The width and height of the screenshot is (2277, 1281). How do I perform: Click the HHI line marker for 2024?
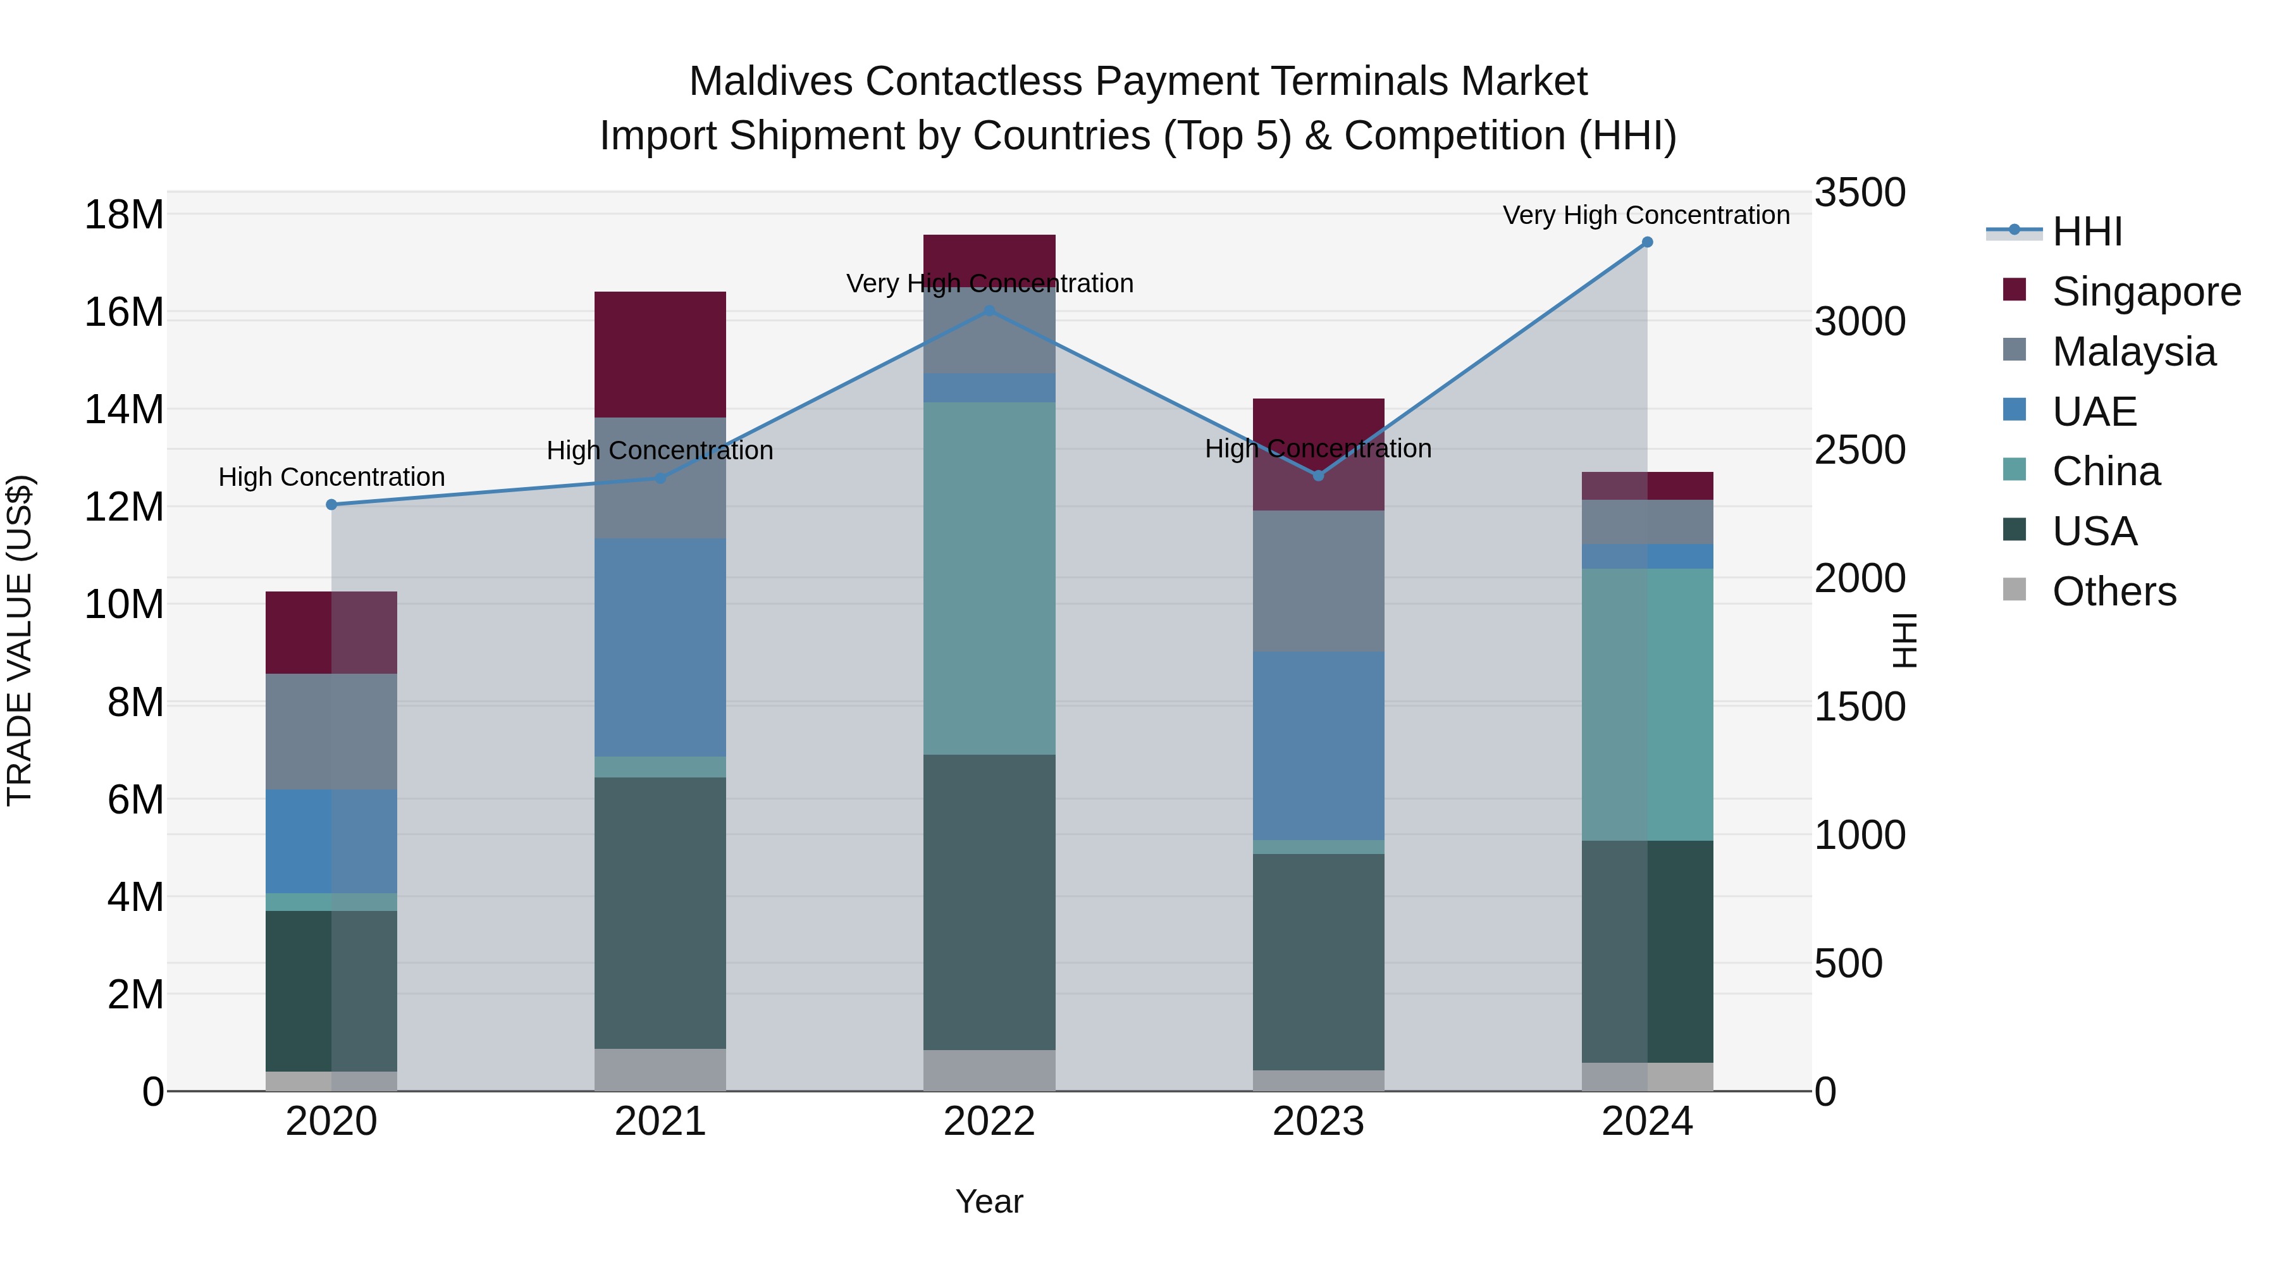[1647, 242]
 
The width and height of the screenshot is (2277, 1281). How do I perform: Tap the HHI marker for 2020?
[331, 505]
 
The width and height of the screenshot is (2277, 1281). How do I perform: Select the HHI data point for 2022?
[989, 311]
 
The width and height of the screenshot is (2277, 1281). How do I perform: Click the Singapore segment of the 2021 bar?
[660, 354]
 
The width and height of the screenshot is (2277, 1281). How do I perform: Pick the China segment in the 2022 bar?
[989, 578]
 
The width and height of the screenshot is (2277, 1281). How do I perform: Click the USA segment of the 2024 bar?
[1647, 951]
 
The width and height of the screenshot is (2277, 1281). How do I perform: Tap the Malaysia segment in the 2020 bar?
[331, 731]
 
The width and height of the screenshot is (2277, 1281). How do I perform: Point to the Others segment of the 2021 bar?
[660, 1070]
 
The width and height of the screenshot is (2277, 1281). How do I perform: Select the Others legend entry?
[2113, 591]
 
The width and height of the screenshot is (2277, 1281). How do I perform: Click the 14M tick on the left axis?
[124, 409]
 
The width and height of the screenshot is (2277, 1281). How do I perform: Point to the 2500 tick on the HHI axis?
[1860, 450]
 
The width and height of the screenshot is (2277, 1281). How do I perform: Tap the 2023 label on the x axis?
[1318, 1122]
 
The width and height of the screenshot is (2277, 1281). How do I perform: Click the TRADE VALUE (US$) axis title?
[20, 640]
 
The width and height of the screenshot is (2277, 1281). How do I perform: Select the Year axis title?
[989, 1201]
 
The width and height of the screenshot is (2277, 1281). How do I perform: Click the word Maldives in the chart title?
[770, 82]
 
